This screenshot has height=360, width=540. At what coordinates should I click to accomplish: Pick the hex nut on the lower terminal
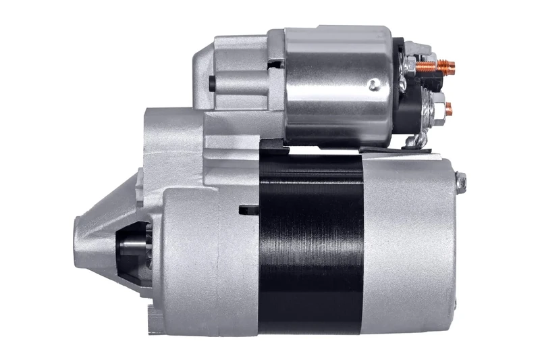pos(435,106)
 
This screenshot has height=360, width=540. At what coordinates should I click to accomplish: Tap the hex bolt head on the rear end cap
pos(462,180)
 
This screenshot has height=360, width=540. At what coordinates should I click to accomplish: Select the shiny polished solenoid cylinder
pos(337,84)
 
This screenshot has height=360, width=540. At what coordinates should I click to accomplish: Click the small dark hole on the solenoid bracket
pos(211,83)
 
